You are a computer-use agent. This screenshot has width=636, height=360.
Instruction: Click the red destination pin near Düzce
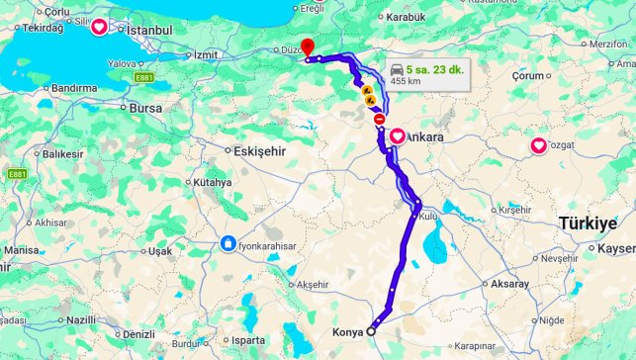point(307,46)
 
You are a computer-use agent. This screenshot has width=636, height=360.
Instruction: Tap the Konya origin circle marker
point(372,331)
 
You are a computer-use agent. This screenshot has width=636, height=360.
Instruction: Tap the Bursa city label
point(145,107)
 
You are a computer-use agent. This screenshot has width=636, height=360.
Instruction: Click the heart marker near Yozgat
point(538,146)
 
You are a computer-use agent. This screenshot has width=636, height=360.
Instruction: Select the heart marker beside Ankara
point(397,136)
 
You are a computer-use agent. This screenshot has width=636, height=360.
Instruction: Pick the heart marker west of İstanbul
point(100,28)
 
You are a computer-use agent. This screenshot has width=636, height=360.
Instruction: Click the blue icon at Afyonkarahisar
point(228,243)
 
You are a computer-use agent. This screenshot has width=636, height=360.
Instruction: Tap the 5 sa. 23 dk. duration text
point(435,69)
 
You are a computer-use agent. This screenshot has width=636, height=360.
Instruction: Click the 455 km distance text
point(405,81)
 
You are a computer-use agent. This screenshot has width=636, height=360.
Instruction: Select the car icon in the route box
point(398,69)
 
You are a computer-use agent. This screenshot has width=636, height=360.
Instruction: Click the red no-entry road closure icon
point(380,119)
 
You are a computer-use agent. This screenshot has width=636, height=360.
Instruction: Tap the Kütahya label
point(212,182)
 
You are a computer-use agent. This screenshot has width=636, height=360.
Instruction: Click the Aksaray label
point(509,283)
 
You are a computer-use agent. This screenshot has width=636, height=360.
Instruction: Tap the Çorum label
point(529,75)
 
